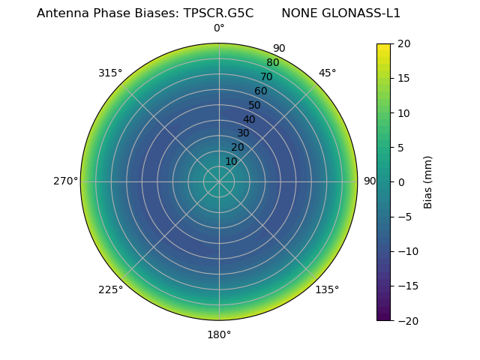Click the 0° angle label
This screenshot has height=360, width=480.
point(219,28)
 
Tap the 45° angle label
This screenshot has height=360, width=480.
point(328,73)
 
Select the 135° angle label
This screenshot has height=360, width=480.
point(327,289)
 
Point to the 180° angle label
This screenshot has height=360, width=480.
point(219,334)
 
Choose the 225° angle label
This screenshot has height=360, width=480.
point(110,289)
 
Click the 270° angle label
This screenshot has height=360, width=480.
point(65,181)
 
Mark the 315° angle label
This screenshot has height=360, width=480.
point(110,73)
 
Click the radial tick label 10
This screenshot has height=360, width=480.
point(231,161)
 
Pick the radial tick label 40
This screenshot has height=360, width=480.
point(249,119)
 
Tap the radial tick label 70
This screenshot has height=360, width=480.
point(266,76)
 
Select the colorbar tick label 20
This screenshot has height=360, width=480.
point(403,43)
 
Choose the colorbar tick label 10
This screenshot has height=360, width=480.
point(403,112)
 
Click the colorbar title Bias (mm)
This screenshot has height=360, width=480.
point(428,181)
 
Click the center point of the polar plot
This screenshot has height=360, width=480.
point(219,181)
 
